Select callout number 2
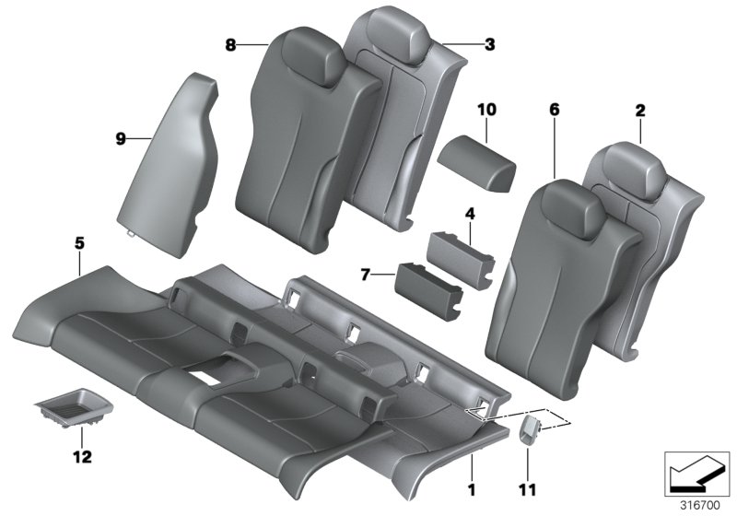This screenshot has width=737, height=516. coord(639,111)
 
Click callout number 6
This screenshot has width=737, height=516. coord(554,111)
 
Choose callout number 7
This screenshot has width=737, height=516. coord(365,274)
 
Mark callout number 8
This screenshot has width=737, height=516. coord(229,44)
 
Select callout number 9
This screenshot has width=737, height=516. coord(120,138)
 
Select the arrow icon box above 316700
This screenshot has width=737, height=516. coord(696,472)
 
